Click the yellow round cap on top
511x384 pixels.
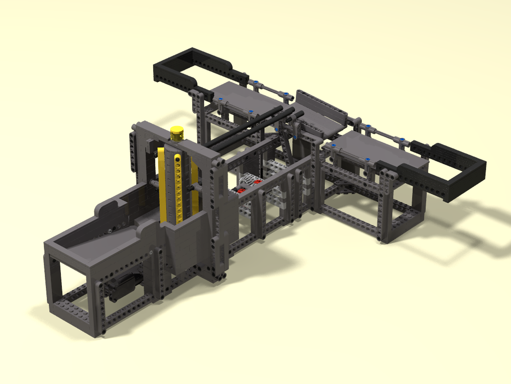177,132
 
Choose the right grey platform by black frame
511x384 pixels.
373,148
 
